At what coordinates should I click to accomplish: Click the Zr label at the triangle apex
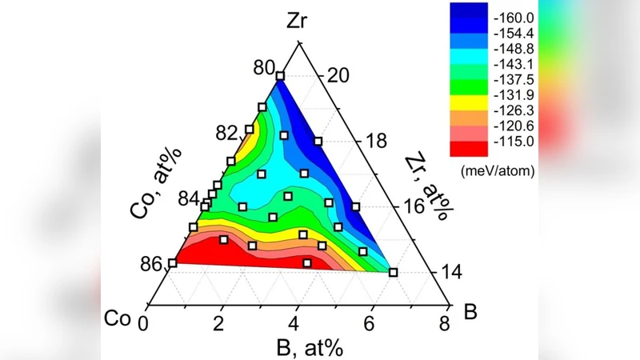click(296, 22)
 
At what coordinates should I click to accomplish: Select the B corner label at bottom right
click(470, 311)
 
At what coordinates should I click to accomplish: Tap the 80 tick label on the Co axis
click(264, 68)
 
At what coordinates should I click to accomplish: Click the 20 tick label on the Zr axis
click(334, 75)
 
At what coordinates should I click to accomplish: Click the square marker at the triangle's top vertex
click(280, 77)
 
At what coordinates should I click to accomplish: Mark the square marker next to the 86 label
click(173, 263)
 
